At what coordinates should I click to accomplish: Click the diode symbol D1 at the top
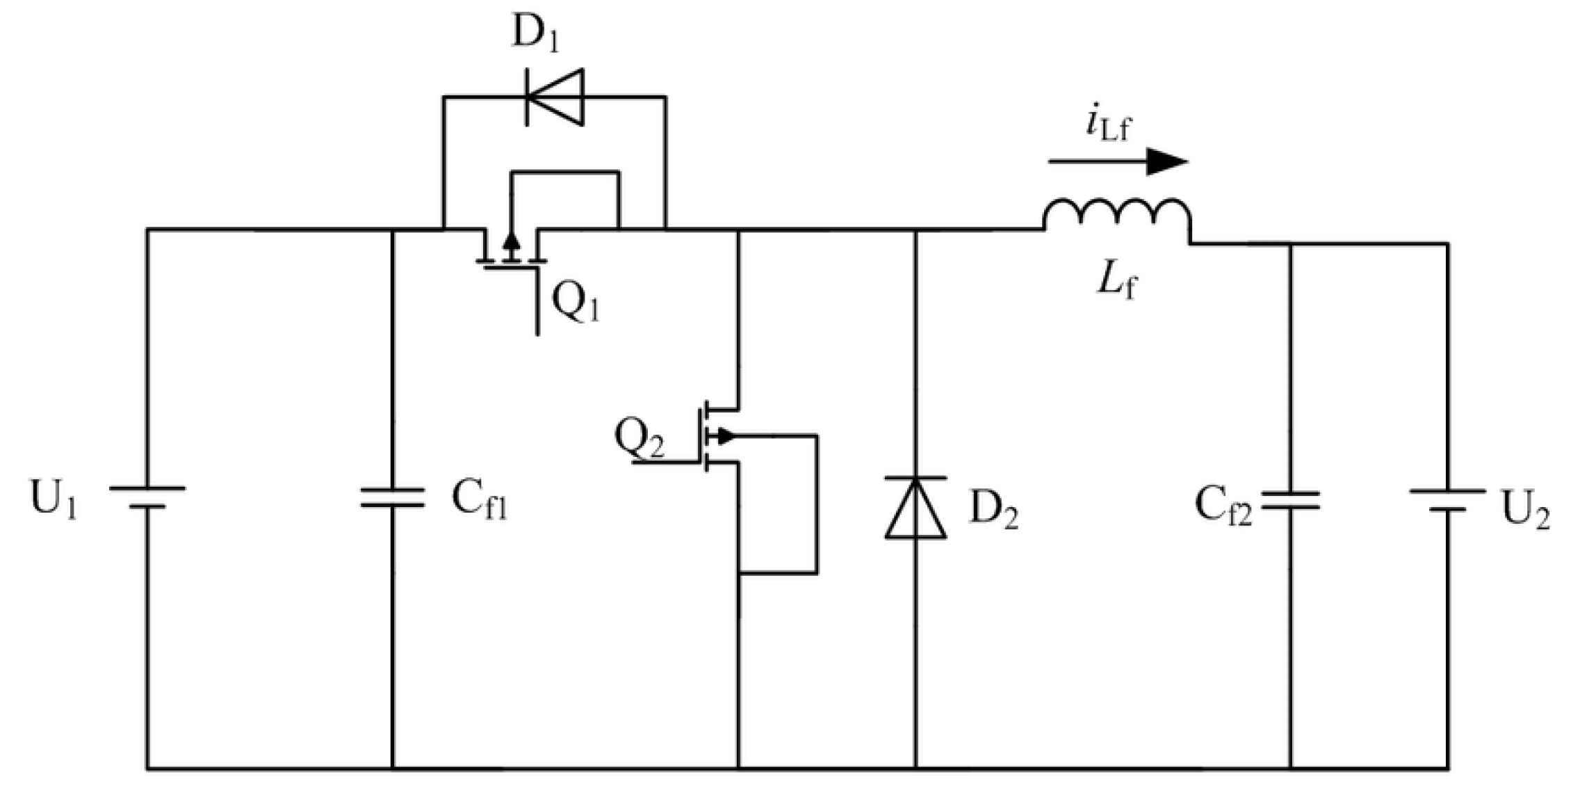click(554, 97)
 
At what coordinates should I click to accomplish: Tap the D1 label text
click(535, 33)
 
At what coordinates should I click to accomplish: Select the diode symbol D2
click(915, 508)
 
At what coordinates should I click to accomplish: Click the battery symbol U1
click(147, 497)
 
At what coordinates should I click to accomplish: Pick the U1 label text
click(53, 499)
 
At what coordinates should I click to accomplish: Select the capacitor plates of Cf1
click(392, 497)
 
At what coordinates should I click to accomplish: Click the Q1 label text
click(574, 303)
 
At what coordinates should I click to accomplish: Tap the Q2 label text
click(639, 439)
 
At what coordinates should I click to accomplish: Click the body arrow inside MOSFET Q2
click(724, 436)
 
